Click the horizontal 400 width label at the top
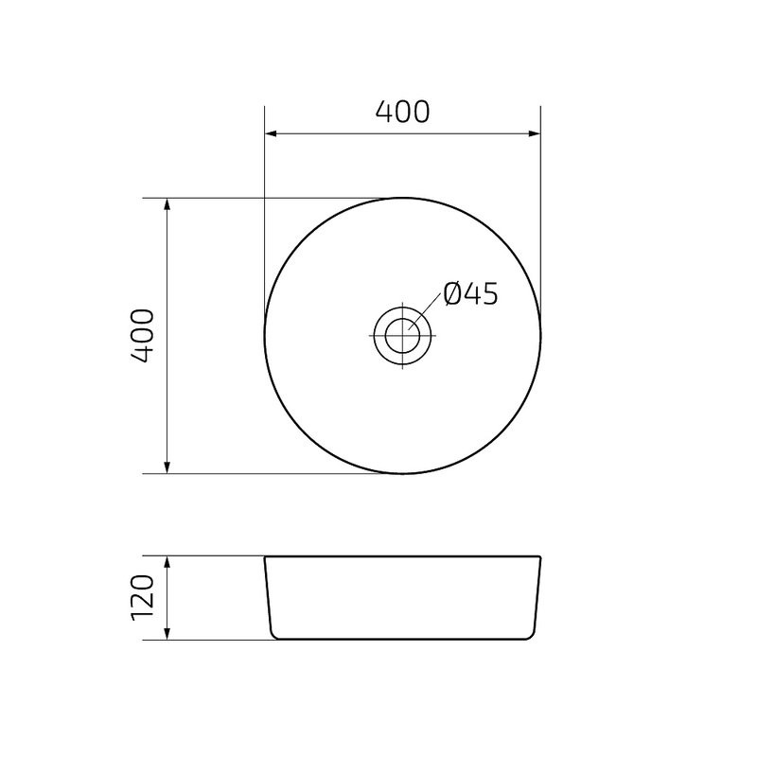coord(402,112)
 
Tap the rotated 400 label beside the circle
coord(142,336)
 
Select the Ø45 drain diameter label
coord(470,295)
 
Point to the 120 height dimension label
coord(142,597)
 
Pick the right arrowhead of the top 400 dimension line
coord(535,133)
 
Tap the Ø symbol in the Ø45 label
coord(451,295)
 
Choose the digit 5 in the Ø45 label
coord(488,295)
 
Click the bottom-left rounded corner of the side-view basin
coord(274,635)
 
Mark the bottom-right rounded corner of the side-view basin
coord(530,635)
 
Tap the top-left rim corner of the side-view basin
coord(265,557)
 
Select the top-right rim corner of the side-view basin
coord(540,557)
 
